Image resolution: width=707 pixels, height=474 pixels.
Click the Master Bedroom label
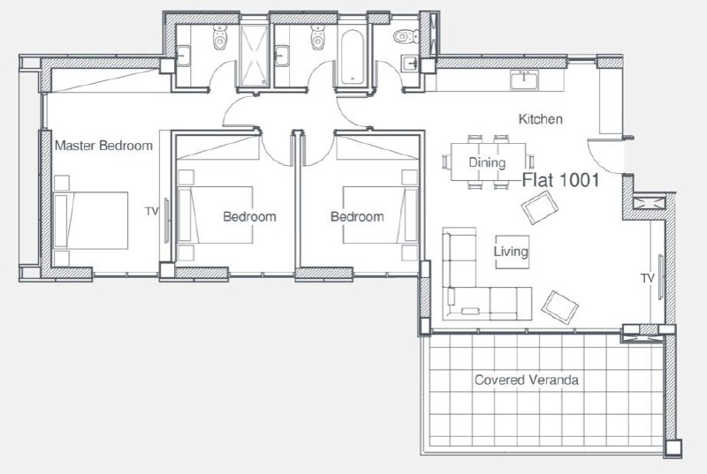[103, 146]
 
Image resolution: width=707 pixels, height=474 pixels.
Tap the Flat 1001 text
[561, 180]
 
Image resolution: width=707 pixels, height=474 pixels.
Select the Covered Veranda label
[527, 380]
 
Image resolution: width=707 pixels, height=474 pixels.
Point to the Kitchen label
[541, 119]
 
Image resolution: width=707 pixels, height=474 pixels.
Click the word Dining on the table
[487, 162]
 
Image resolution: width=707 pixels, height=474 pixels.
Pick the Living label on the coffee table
[511, 252]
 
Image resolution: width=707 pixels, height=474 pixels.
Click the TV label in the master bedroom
[152, 211]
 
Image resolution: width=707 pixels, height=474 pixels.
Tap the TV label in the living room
[648, 279]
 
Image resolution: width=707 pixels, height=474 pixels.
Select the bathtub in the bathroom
[352, 57]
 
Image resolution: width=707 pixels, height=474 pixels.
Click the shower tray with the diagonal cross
[254, 56]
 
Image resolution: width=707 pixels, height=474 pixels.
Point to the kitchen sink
[524, 80]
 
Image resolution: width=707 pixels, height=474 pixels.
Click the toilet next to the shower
[219, 37]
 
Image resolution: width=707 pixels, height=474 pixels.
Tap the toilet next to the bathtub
[317, 37]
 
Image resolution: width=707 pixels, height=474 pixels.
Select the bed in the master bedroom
[91, 220]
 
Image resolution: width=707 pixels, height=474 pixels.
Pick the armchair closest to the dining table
[540, 207]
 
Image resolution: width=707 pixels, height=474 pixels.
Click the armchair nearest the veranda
[559, 307]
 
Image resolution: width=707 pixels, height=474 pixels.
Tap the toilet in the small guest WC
[406, 36]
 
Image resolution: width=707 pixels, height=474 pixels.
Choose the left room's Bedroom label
[250, 216]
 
